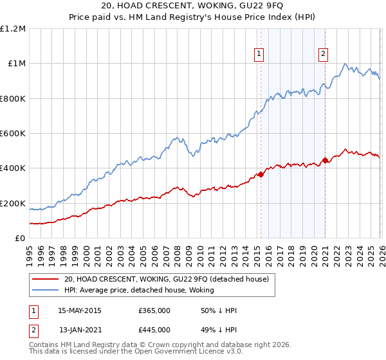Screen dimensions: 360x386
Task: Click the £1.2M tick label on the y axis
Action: pos(13,29)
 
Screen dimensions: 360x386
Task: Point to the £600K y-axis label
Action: pos(13,134)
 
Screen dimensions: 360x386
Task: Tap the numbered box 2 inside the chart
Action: pos(323,55)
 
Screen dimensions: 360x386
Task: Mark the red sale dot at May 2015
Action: pos(261,174)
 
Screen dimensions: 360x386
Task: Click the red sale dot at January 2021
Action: pos(325,160)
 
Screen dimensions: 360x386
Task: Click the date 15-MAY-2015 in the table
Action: pos(80,310)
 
